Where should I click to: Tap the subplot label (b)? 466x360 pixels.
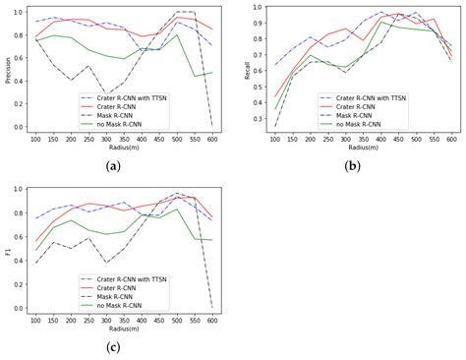[x=351, y=166]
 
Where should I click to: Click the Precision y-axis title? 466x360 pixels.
[x=8, y=68]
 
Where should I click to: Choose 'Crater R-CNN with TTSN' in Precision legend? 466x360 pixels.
[x=132, y=96]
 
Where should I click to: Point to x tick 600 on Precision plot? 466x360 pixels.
[x=211, y=139]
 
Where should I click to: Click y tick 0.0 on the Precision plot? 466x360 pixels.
[x=23, y=127]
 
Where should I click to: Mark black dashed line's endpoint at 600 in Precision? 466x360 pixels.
[x=211, y=126]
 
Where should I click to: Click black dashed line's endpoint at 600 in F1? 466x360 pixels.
[x=211, y=308]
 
